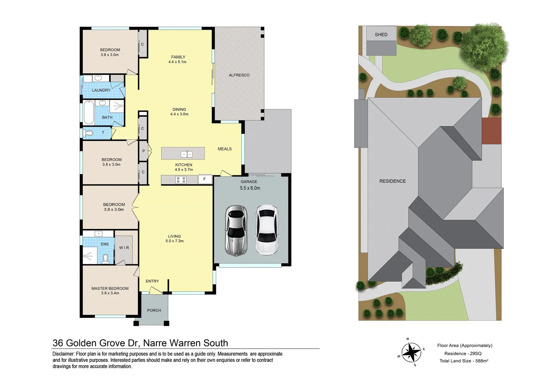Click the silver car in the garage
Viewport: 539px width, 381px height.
pyautogui.click(x=236, y=230)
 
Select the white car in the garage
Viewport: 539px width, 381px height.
pyautogui.click(x=267, y=230)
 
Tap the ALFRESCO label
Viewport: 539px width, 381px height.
pyautogui.click(x=239, y=75)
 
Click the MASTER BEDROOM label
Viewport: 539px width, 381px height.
pyautogui.click(x=110, y=288)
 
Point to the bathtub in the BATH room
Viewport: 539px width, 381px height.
pyautogui.click(x=89, y=113)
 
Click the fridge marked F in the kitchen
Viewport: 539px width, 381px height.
pyautogui.click(x=205, y=179)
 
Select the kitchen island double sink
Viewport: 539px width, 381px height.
pyautogui.click(x=186, y=154)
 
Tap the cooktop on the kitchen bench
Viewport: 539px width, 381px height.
pyautogui.click(x=181, y=180)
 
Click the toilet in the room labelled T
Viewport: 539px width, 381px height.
pyautogui.click(x=88, y=133)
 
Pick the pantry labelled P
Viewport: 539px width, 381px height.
pyautogui.click(x=144, y=151)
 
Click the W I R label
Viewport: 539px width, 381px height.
pyautogui.click(x=124, y=248)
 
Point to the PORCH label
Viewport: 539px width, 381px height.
pyautogui.click(x=154, y=310)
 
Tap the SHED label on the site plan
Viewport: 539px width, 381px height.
pyautogui.click(x=381, y=35)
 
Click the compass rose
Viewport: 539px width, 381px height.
pyautogui.click(x=411, y=352)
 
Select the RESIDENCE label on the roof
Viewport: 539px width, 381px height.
pyautogui.click(x=392, y=181)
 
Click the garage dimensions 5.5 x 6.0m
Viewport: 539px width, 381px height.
pyautogui.click(x=250, y=188)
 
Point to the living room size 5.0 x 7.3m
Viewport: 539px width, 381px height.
pyautogui.click(x=174, y=241)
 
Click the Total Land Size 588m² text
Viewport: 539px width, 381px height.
pyautogui.click(x=464, y=361)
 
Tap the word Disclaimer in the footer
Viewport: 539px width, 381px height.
pyautogui.click(x=63, y=354)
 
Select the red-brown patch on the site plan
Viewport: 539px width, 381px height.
pyautogui.click(x=491, y=131)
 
